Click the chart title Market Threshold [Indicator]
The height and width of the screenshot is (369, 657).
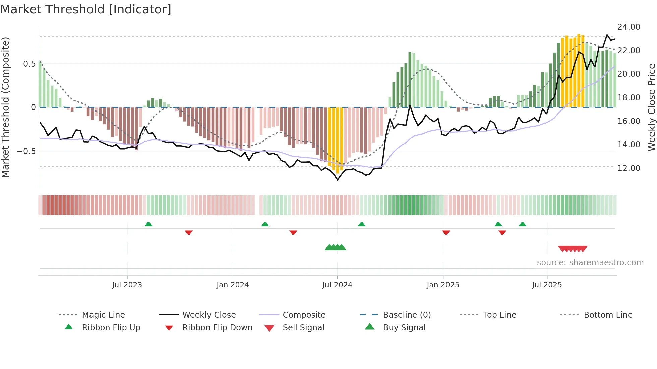86,9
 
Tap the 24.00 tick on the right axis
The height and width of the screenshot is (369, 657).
629,27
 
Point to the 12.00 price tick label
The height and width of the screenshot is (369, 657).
629,168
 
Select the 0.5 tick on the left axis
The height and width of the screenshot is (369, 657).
29,64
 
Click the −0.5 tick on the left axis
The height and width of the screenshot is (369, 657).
26,151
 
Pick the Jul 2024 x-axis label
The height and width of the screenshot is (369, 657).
337,285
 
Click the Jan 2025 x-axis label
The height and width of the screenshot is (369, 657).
443,285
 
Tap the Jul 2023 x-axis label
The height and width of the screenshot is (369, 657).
127,285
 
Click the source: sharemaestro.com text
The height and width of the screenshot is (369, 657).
590,263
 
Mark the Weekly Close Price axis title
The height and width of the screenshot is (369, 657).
651,107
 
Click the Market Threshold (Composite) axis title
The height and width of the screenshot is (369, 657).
5,107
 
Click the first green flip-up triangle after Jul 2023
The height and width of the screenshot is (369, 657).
148,224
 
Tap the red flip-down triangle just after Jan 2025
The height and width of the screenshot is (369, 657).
446,232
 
